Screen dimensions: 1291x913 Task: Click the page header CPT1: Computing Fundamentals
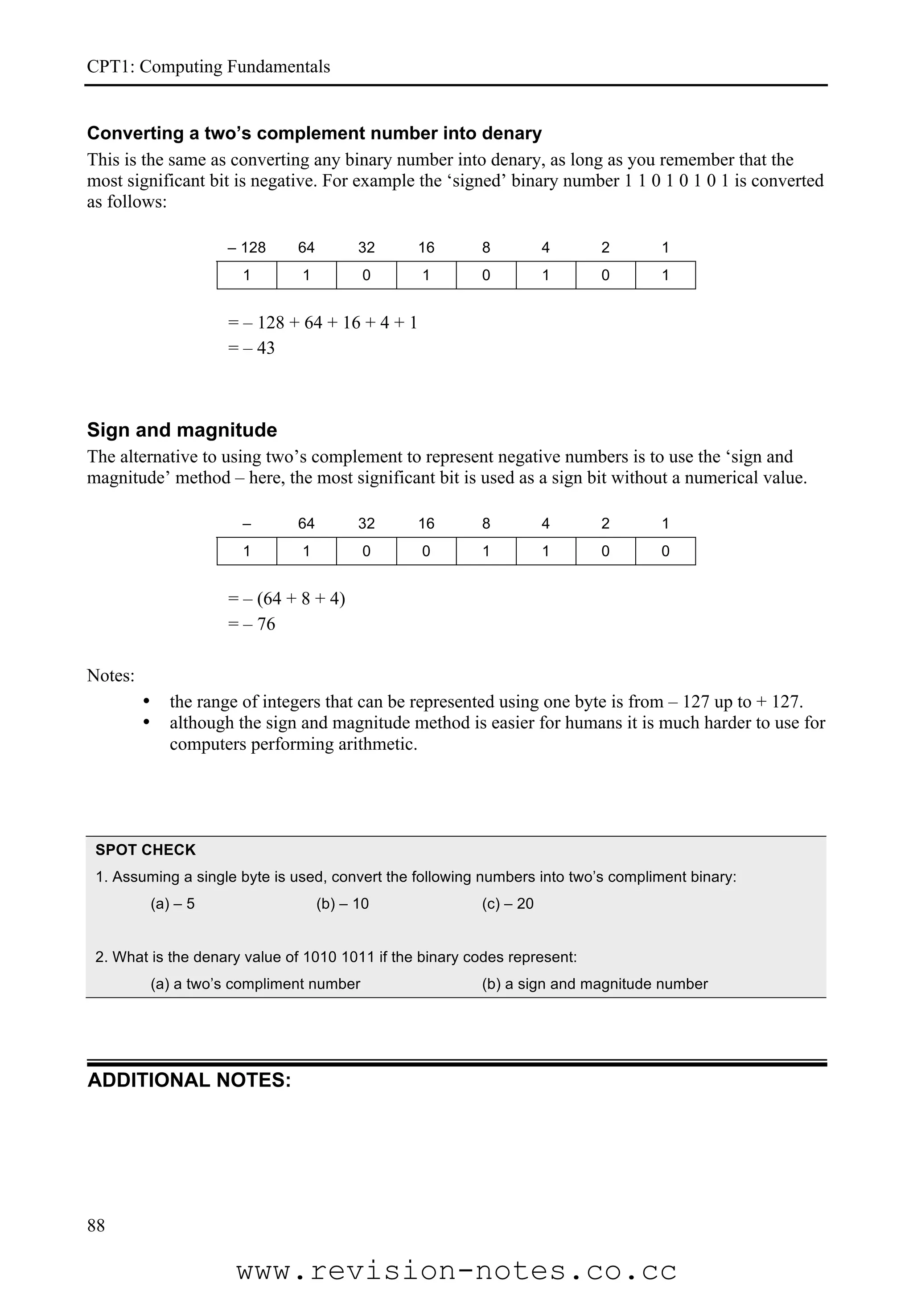tap(208, 67)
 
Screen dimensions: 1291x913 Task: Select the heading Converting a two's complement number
tap(314, 133)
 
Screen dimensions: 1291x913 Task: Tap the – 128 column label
tap(247, 247)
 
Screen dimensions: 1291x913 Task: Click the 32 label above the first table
tap(366, 247)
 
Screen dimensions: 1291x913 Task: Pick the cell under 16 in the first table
tap(426, 275)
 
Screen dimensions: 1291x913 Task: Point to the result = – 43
tap(251, 348)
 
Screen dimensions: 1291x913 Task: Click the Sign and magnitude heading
tap(182, 430)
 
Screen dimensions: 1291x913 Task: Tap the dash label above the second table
tap(247, 523)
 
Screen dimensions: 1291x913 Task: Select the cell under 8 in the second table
tap(486, 551)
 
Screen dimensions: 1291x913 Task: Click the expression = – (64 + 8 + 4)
tap(286, 598)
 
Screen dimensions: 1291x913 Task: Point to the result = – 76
tap(251, 624)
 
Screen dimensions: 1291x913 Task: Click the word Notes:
tap(111, 675)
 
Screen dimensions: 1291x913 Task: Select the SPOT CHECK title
tap(145, 850)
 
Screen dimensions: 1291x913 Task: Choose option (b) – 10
tap(342, 903)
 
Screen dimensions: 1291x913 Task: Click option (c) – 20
tap(507, 903)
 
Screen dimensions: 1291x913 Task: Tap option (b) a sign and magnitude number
tap(595, 984)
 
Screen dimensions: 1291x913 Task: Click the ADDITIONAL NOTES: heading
tap(189, 1080)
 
